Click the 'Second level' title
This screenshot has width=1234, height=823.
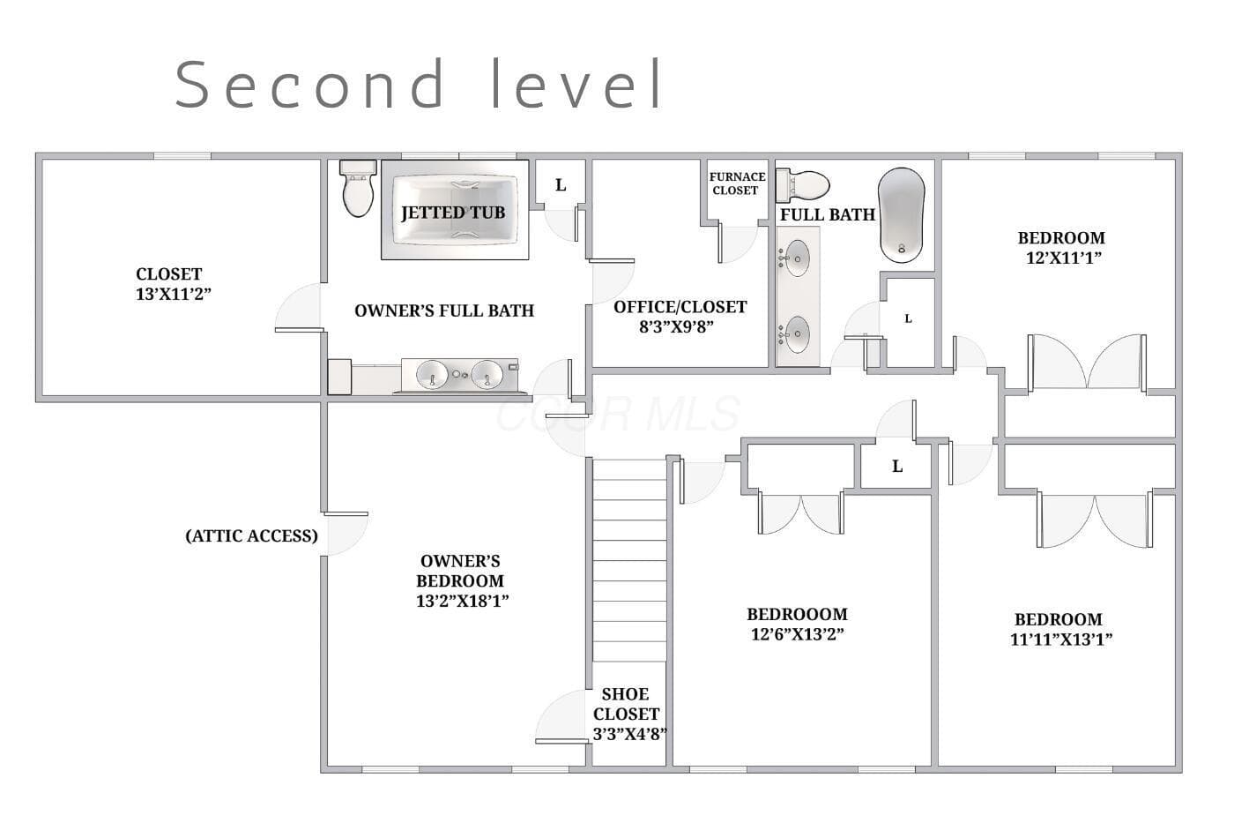point(419,84)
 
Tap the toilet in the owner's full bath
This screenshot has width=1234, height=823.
point(358,188)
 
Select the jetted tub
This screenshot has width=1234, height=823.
point(455,209)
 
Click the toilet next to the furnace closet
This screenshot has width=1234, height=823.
point(803,185)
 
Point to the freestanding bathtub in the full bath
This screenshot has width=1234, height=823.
point(901,215)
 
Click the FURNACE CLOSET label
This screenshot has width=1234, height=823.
point(737,183)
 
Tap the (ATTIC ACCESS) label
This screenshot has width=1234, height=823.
point(252,535)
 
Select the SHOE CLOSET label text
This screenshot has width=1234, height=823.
point(627,704)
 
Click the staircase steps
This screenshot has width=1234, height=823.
point(629,560)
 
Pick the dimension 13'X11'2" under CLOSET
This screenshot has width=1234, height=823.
point(174,294)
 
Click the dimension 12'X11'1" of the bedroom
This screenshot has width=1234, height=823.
point(1063,258)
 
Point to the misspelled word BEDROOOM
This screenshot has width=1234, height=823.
point(797,614)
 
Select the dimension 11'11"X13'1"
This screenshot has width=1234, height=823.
point(1061,640)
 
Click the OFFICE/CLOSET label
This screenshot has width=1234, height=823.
point(680,307)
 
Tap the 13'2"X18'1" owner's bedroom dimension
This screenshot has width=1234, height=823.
point(462,601)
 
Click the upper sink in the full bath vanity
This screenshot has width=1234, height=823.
point(797,258)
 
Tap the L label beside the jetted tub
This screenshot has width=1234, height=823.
point(561,185)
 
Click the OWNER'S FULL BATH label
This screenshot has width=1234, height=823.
point(444,310)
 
